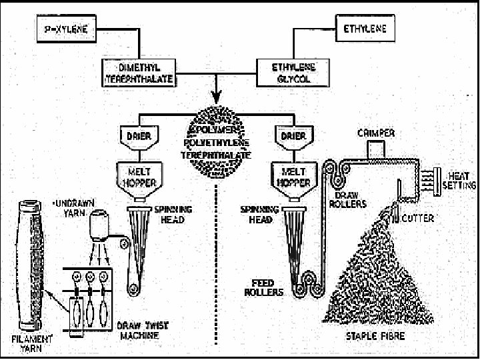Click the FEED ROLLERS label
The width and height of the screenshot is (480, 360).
click(x=266, y=287)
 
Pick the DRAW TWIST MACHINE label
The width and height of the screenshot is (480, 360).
click(x=138, y=331)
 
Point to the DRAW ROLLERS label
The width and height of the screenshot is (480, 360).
click(x=347, y=198)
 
